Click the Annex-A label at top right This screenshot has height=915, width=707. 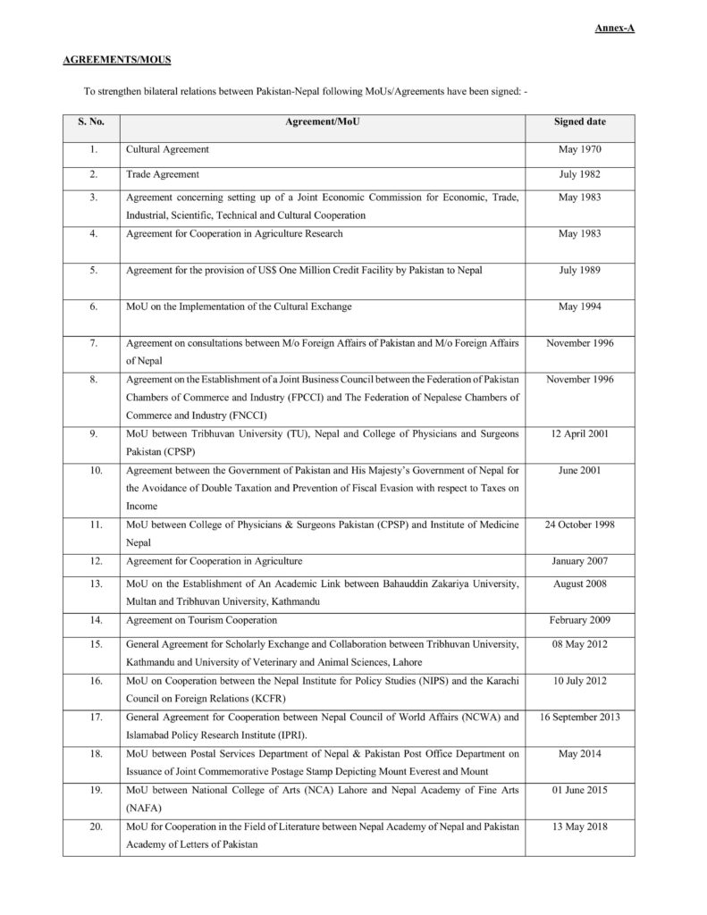click(615, 29)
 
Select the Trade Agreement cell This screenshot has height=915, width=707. click(162, 173)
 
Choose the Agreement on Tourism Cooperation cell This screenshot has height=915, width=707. click(201, 619)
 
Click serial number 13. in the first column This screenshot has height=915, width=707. click(91, 583)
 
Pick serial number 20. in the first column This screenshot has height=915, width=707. click(91, 827)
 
